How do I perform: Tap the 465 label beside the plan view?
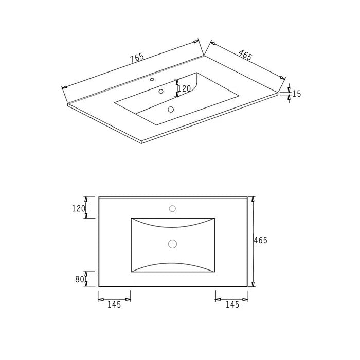coord(261,240)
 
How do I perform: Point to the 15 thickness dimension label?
coord(296,94)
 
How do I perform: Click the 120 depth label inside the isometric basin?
coord(184,89)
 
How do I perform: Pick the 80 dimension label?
coord(79,279)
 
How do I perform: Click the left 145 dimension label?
coord(114,304)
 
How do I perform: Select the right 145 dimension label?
coord(232,304)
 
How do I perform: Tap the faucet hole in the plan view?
coord(172,209)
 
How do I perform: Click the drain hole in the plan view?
coord(172,244)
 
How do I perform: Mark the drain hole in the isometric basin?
coord(170,109)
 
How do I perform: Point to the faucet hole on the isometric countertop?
coord(152,80)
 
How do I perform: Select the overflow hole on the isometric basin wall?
coord(161,92)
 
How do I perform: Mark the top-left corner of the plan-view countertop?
coord(99,197)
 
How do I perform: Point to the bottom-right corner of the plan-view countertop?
coord(247,287)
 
